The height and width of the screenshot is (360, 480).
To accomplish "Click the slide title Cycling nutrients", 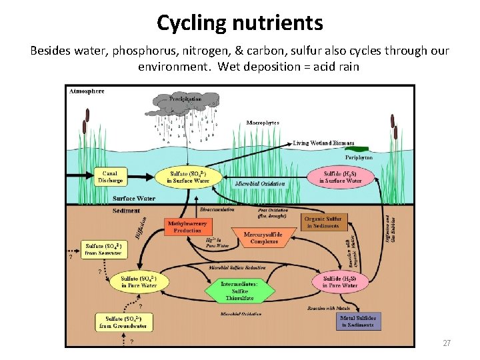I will click(x=239, y=23).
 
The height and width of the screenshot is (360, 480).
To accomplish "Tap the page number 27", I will click(x=447, y=343).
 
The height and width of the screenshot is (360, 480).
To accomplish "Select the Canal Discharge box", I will click(x=111, y=177).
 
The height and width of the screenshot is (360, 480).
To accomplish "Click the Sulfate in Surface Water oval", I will click(x=189, y=177).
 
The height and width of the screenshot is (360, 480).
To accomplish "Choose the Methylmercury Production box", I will click(x=187, y=227).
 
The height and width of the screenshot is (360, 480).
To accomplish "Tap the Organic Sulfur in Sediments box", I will click(x=323, y=222).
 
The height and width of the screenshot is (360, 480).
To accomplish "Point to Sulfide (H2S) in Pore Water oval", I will click(x=340, y=282).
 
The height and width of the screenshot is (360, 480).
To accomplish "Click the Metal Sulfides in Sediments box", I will click(x=358, y=321).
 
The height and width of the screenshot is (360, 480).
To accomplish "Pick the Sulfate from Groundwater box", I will click(x=123, y=323).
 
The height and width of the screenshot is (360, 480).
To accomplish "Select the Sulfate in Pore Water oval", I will click(x=139, y=282).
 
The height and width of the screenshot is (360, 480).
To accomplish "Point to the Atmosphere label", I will click(x=87, y=91).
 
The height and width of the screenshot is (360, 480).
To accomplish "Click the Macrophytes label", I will click(x=263, y=123).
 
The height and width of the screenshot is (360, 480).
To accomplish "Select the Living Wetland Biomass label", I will click(x=323, y=143).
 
